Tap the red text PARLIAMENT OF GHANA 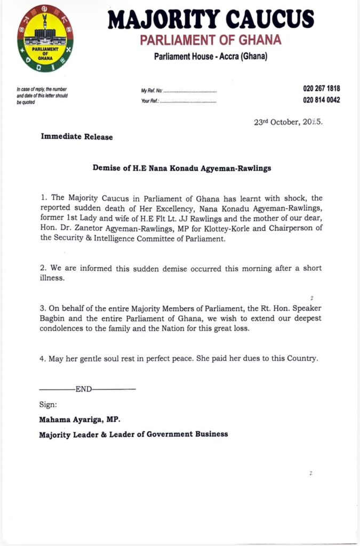click(x=210, y=40)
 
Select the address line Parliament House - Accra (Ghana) click(x=210, y=57)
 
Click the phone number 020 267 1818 click(x=322, y=89)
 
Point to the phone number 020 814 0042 click(x=322, y=100)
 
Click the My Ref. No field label click(x=151, y=91)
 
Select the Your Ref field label click(x=151, y=101)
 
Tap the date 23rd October click(x=278, y=122)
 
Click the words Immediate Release click(x=77, y=137)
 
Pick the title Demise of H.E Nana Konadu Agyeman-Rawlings click(x=182, y=168)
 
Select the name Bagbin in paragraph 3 click(x=52, y=318)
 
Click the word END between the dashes click(x=84, y=389)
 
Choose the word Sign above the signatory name click(x=47, y=405)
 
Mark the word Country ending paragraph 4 click(x=301, y=358)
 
